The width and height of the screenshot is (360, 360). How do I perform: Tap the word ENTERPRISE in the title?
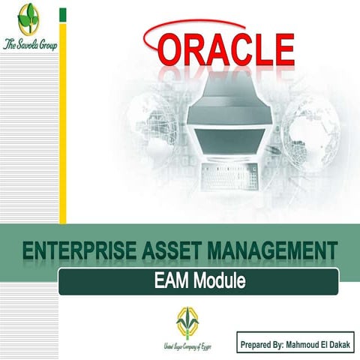(x=76, y=253)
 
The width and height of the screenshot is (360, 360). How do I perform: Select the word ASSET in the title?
(x=171, y=253)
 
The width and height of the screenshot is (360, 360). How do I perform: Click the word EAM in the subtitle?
(x=169, y=282)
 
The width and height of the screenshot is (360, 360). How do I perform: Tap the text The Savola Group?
(x=29, y=41)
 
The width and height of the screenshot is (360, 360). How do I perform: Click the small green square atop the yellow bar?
(x=63, y=13)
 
